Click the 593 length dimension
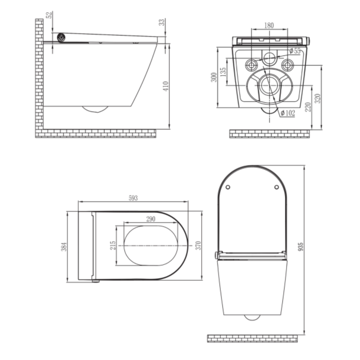pos(133,198)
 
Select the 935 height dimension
pos(301,246)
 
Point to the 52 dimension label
pos(49,14)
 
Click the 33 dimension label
pos(163,22)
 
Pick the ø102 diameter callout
pos(288,113)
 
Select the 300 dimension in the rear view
pos(215,77)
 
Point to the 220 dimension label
pos(307,106)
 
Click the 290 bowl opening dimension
pos(151,219)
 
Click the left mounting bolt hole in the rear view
pos(251,65)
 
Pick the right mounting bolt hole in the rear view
pos(288,65)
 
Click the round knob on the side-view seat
pos(61,37)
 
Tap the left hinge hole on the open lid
pos(228,187)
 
